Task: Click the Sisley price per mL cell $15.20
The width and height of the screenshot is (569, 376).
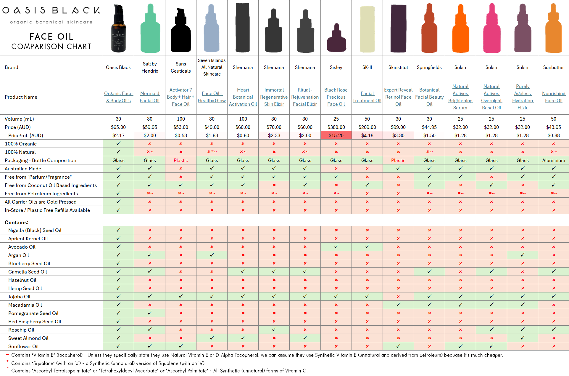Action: (x=336, y=135)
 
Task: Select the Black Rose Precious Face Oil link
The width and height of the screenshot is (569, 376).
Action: (x=336, y=97)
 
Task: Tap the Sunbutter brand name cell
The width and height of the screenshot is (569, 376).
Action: (x=553, y=67)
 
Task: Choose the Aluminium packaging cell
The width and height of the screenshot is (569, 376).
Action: (x=553, y=160)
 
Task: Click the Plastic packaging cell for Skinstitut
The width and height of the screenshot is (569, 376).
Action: (x=398, y=160)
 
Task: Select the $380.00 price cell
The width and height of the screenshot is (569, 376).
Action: (x=336, y=127)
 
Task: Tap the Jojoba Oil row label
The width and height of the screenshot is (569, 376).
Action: (x=19, y=297)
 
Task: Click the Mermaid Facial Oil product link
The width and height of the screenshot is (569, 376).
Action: (x=150, y=97)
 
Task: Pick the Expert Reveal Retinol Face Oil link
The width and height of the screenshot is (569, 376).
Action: (x=398, y=97)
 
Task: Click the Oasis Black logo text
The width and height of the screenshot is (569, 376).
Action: (x=51, y=11)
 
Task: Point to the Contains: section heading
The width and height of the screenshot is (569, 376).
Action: (x=17, y=223)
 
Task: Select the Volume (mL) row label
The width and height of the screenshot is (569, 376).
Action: (x=19, y=119)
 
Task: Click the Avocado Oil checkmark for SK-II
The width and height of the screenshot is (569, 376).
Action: (x=367, y=247)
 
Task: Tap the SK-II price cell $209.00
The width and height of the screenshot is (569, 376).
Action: (x=367, y=127)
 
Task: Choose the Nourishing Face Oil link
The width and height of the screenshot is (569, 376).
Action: (x=553, y=97)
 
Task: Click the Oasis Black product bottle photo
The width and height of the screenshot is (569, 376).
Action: (x=118, y=29)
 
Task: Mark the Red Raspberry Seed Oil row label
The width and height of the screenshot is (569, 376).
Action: (x=35, y=321)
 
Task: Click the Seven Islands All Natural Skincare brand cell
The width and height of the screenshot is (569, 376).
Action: (x=212, y=67)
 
